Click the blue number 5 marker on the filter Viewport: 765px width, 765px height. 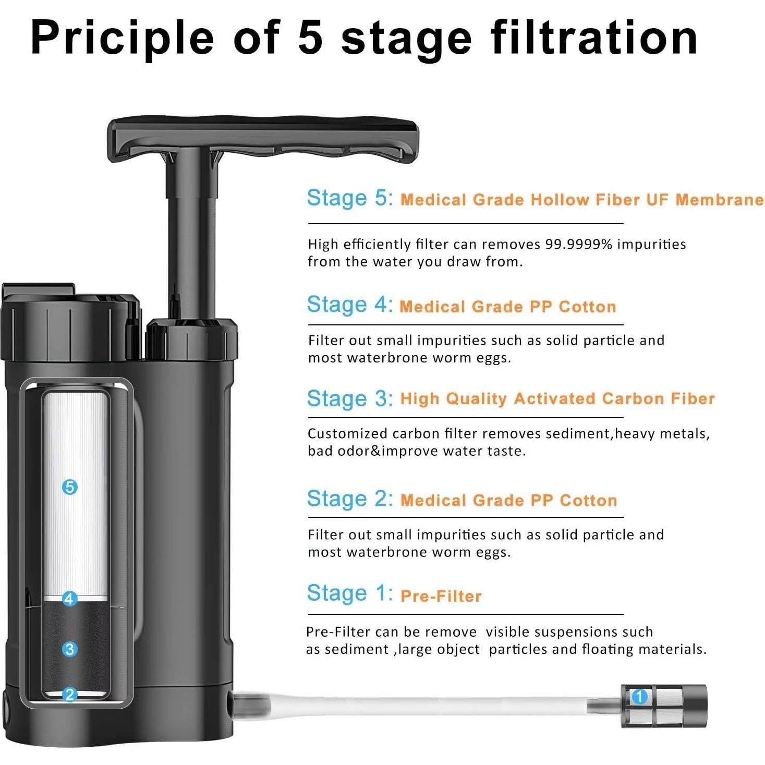[x=69, y=487]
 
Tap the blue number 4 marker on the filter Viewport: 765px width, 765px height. [x=69, y=598]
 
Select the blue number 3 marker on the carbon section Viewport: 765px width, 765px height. [x=69, y=649]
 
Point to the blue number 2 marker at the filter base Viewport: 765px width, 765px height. [x=69, y=694]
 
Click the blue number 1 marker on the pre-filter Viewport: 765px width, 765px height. [x=639, y=696]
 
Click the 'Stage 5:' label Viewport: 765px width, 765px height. [x=349, y=198]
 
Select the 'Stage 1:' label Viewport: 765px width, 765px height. [x=349, y=593]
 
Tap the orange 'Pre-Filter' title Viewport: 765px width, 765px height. [x=441, y=596]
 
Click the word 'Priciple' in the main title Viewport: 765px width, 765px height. [x=123, y=38]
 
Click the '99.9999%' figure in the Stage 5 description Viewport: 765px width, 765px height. [x=578, y=244]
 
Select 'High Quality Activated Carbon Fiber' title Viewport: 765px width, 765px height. [x=557, y=399]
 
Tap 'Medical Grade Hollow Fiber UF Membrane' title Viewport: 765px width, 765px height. [x=581, y=200]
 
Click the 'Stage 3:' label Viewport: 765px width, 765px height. [x=349, y=399]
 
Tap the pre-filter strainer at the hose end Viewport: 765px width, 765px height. [x=665, y=706]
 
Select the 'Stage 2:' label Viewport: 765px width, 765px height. [x=349, y=499]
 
